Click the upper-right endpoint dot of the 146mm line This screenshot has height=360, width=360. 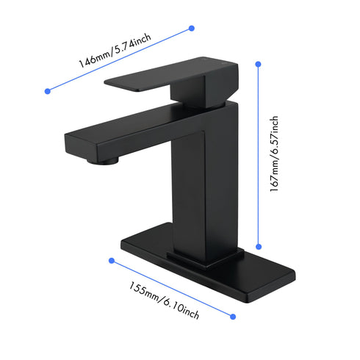click(x=192, y=28)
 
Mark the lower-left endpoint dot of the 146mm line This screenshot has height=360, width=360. click(x=48, y=91)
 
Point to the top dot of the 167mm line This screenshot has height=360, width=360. click(x=259, y=64)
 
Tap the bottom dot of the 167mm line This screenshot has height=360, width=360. click(x=259, y=248)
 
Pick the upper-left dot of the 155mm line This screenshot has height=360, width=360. click(x=112, y=260)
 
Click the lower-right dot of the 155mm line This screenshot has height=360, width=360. click(x=234, y=317)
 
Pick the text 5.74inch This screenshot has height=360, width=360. click(x=134, y=42)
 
